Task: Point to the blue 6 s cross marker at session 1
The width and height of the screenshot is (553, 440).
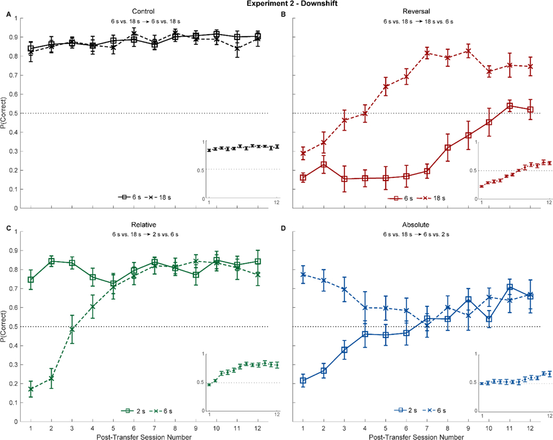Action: [303, 274]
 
